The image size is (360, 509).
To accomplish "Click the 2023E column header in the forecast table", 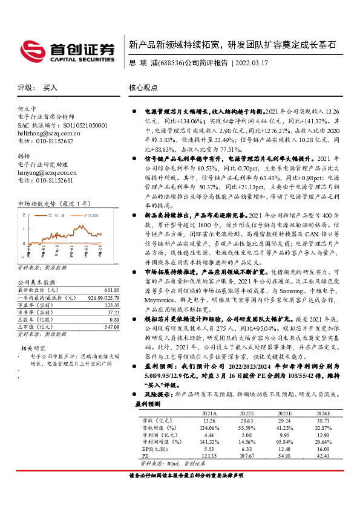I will coord(284,412).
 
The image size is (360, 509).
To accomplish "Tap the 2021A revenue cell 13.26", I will coord(209,420).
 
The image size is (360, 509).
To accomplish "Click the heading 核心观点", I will coord(142,87).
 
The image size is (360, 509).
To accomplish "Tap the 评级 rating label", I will coord(24,87).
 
